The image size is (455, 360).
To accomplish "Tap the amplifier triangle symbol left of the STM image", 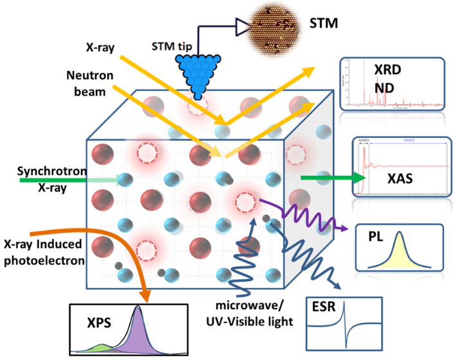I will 242,26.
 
